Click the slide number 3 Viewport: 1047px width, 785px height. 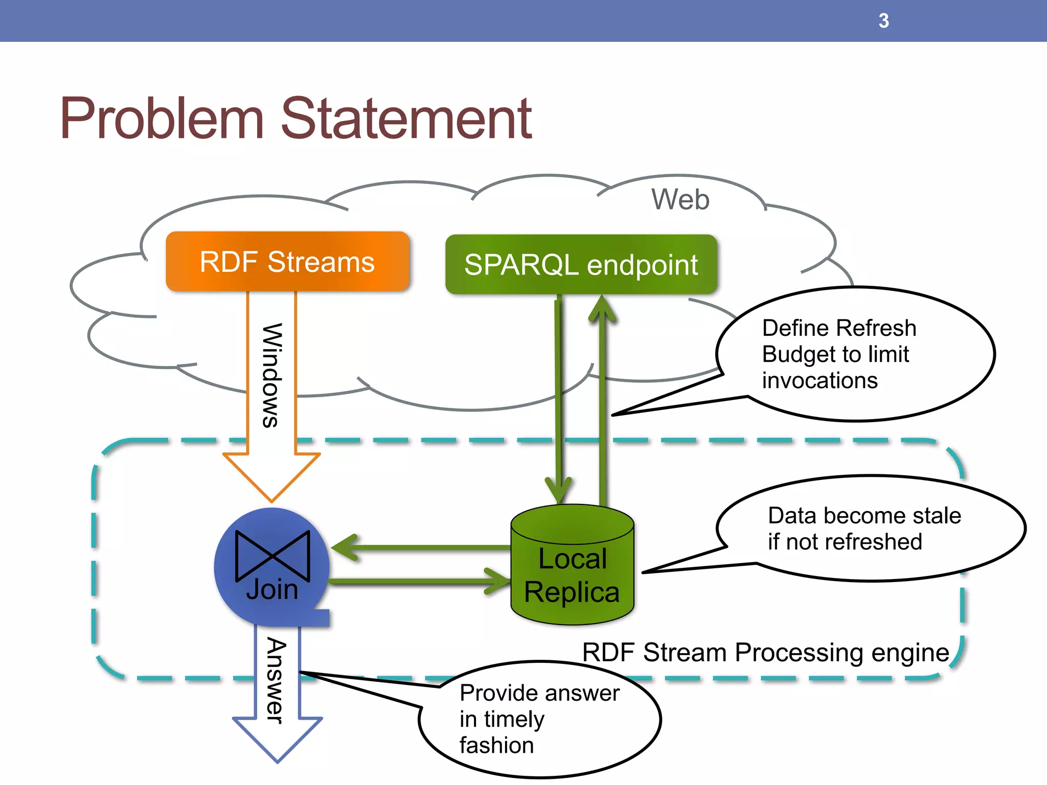(883, 21)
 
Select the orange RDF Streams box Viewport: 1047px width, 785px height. (287, 262)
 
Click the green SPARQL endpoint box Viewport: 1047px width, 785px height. (581, 265)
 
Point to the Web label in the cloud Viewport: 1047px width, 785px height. (680, 199)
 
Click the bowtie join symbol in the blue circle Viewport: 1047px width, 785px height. (272, 556)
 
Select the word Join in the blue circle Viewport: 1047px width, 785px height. (272, 590)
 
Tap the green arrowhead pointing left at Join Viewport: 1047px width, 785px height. (346, 547)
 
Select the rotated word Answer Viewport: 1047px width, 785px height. (277, 680)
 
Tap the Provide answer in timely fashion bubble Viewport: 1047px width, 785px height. (539, 719)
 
